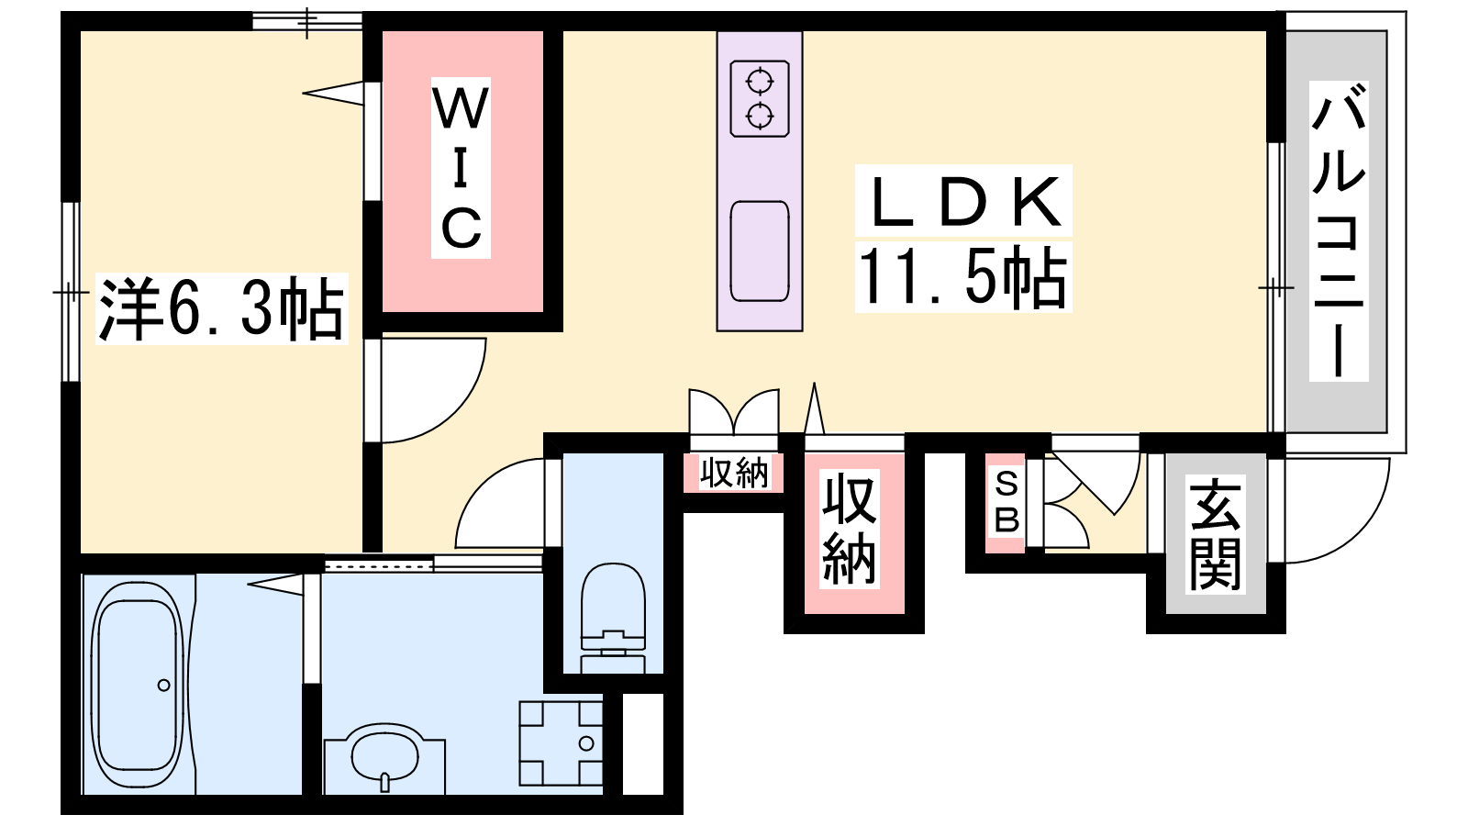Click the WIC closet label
tap(461, 168)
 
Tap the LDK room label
tap(963, 201)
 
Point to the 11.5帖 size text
tap(962, 277)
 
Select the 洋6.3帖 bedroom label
tap(221, 309)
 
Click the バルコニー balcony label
tap(1339, 230)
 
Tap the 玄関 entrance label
tap(1215, 534)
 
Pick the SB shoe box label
tap(1006, 503)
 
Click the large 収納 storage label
tap(850, 531)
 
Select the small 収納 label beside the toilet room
tap(733, 473)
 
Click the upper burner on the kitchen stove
tap(760, 82)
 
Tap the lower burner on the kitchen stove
tap(760, 117)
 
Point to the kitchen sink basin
tap(760, 251)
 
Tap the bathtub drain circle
tap(164, 686)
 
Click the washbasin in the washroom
tap(384, 758)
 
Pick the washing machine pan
tap(561, 743)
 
